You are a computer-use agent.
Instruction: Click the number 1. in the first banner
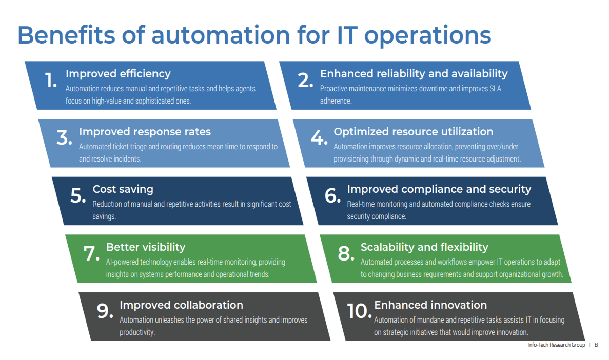tap(51, 80)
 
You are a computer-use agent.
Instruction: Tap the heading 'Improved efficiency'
tap(118, 74)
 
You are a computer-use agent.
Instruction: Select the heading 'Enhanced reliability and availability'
tap(414, 74)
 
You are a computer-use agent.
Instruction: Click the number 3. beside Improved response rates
tap(64, 138)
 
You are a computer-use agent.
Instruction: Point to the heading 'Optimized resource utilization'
tap(413, 132)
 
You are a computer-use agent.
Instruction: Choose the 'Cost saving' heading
tap(123, 189)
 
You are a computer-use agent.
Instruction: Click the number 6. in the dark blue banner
tap(332, 195)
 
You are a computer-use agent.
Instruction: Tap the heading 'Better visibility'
tap(145, 247)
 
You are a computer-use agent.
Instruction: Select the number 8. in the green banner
tap(346, 253)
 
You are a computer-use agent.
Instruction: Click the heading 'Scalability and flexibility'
tap(424, 247)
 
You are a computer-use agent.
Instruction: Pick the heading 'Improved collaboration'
tap(181, 305)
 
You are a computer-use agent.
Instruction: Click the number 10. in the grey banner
tap(359, 311)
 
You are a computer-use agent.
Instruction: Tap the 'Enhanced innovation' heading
tap(430, 305)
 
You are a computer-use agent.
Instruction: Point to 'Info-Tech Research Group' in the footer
tap(556, 345)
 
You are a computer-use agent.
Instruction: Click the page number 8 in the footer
tap(596, 345)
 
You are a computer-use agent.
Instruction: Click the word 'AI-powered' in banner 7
tap(123, 262)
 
